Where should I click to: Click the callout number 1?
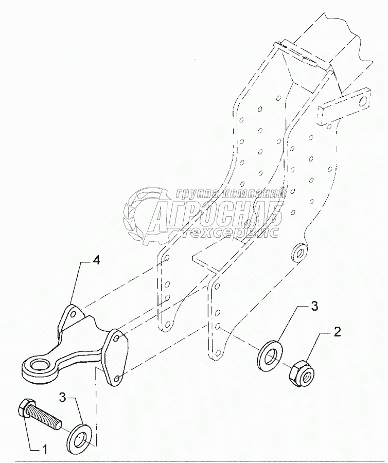(x=44, y=450)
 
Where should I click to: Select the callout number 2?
(x=337, y=332)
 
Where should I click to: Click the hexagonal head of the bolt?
(x=26, y=408)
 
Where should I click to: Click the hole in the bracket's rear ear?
(x=74, y=313)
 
